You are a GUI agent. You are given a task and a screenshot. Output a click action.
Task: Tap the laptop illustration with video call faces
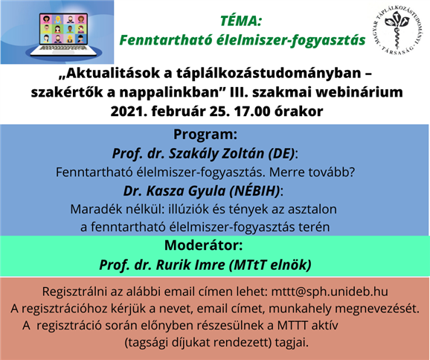(x=64, y=34)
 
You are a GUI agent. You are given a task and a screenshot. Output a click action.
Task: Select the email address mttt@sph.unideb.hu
(x=330, y=292)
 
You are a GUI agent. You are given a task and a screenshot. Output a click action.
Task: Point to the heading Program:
(x=205, y=135)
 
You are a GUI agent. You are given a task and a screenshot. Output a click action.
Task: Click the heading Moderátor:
(x=204, y=245)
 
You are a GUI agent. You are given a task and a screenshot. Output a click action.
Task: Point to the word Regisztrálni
(x=74, y=292)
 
